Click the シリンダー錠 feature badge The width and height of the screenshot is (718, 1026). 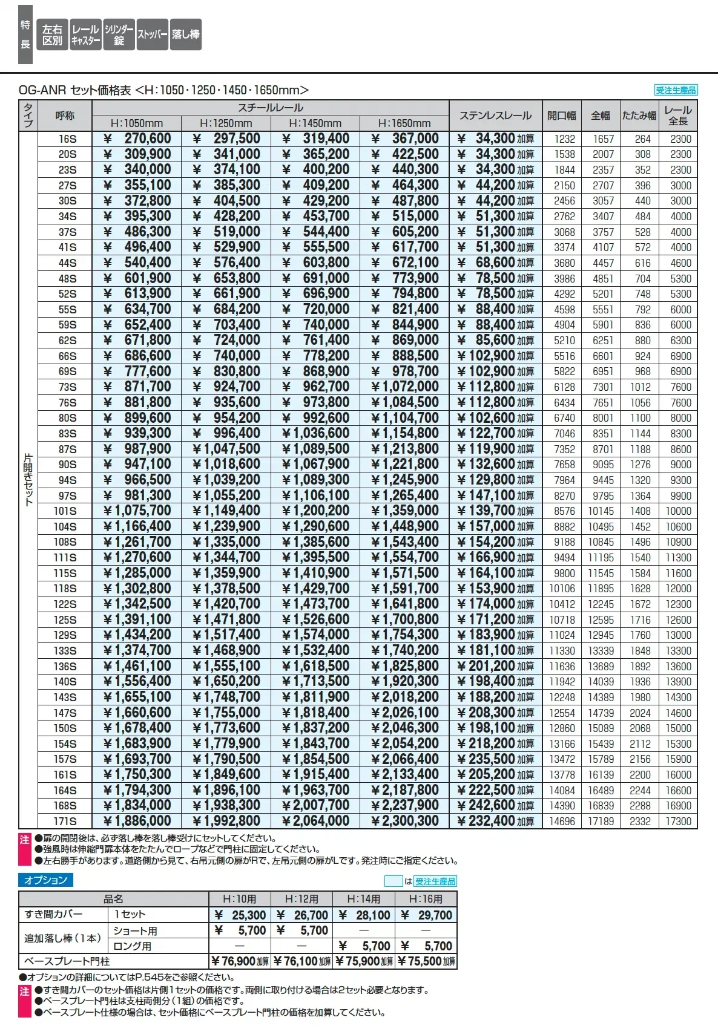[119, 35]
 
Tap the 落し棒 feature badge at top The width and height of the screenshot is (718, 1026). [185, 35]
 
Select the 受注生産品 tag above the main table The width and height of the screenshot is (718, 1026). [676, 90]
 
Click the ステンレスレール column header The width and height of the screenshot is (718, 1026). [495, 116]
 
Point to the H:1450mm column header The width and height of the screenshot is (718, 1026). [315, 123]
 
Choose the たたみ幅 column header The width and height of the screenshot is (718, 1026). [639, 116]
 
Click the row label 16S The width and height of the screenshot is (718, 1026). [67, 139]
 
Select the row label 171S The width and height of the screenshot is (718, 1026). [65, 822]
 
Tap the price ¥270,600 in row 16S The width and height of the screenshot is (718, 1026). [137, 139]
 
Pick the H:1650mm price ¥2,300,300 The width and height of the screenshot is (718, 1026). [405, 821]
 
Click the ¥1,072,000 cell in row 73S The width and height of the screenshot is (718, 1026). [405, 387]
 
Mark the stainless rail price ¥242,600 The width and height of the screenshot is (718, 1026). [495, 805]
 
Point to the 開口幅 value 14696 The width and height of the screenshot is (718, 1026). [562, 822]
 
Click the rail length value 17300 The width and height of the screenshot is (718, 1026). [678, 822]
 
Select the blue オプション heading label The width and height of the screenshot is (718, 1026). [45, 880]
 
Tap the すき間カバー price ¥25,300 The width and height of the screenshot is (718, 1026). [240, 915]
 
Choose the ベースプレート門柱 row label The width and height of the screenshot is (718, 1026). [67, 961]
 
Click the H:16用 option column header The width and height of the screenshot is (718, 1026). [426, 899]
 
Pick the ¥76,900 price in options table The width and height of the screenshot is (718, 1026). [240, 961]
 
